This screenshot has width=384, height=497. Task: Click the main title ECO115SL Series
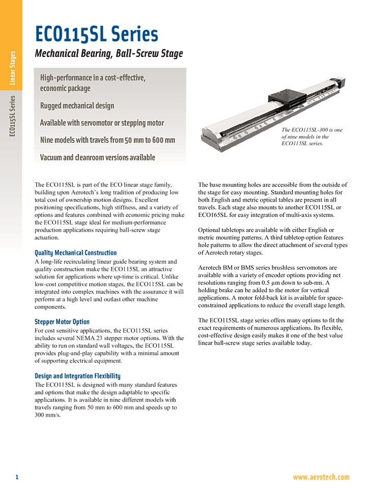tap(96, 34)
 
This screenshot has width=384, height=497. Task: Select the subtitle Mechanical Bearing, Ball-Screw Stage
tap(109, 53)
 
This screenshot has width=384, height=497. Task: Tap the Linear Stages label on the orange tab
tap(12, 68)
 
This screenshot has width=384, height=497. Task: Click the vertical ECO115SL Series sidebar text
tap(12, 116)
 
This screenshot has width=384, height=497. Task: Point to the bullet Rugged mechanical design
tap(77, 105)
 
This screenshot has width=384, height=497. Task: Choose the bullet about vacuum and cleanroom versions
tap(98, 157)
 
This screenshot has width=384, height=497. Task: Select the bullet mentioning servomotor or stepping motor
tap(102, 123)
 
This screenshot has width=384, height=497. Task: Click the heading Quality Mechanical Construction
tap(76, 253)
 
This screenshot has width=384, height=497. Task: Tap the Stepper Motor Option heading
tap(62, 322)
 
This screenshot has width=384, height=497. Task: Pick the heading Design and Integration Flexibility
tap(78, 376)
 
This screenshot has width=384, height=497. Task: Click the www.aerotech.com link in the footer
tap(321, 477)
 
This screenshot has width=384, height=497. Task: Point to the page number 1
tap(17, 477)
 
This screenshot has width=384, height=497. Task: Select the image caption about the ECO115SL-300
tap(312, 136)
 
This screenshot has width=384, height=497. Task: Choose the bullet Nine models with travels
tap(107, 140)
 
